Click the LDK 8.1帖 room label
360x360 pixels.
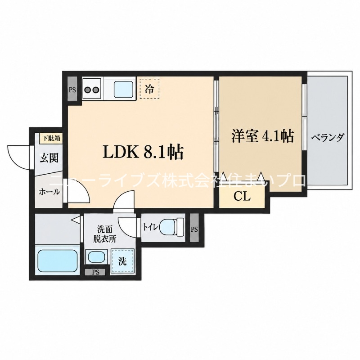click(x=143, y=152)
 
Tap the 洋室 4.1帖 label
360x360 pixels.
click(x=262, y=136)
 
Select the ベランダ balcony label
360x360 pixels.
click(x=328, y=138)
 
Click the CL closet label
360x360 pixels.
click(x=242, y=197)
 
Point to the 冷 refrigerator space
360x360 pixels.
click(x=149, y=89)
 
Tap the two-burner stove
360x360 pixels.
click(x=93, y=89)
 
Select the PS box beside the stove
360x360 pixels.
click(x=72, y=90)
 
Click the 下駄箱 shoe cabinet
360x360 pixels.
click(x=51, y=139)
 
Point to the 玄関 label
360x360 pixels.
click(x=49, y=158)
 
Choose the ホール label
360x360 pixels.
click(x=49, y=192)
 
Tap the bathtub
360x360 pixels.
click(x=58, y=261)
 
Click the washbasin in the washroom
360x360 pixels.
click(x=96, y=256)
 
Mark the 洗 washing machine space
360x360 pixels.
click(x=122, y=261)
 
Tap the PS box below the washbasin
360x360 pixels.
click(x=95, y=273)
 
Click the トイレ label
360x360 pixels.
click(x=151, y=227)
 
